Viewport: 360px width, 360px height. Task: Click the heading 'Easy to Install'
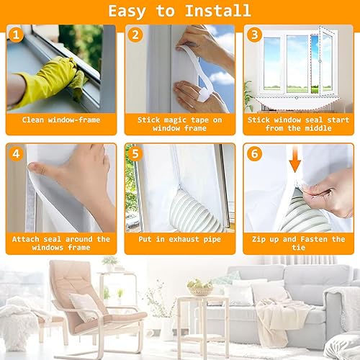coord(179,11)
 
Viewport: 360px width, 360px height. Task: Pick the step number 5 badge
coord(134,153)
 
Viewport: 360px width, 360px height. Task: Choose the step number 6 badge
coord(253,153)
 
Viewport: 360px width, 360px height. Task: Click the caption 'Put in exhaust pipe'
coord(179,239)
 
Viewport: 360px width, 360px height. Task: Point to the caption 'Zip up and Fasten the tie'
coord(298,243)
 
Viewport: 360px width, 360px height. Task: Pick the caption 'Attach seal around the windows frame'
coord(61,243)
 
